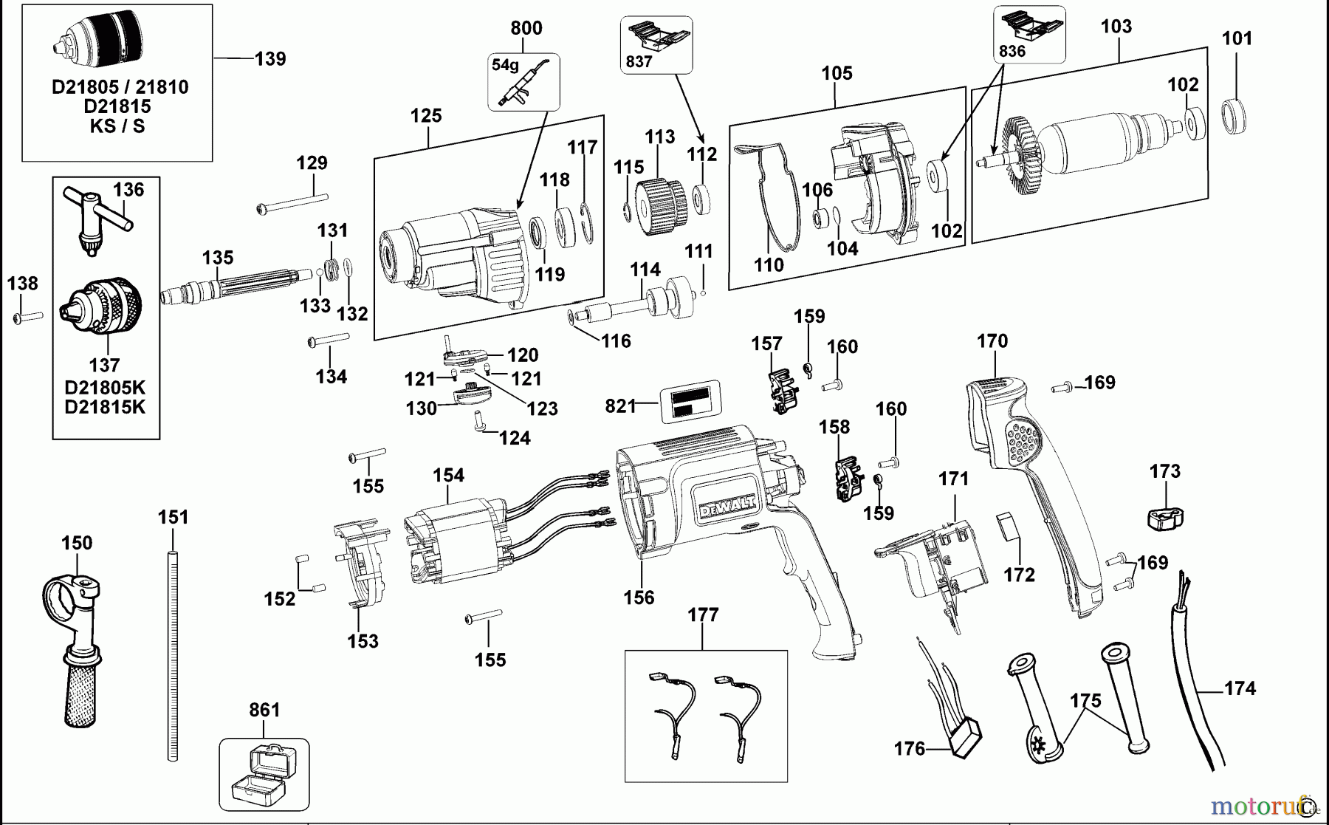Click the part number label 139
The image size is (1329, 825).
pos(269,59)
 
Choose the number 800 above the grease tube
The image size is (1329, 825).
pos(526,28)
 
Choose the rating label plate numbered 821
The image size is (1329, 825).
pos(691,402)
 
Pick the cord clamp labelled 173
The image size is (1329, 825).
pos(1165,516)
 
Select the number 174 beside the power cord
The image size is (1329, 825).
pos(1240,688)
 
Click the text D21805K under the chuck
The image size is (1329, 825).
pos(105,388)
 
